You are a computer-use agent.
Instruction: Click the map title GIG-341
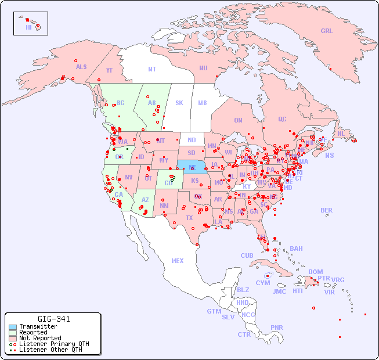[x=53, y=319]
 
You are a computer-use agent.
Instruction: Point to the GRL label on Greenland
[x=327, y=31]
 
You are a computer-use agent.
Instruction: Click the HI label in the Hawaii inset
[x=28, y=27]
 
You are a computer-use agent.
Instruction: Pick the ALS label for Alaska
[x=81, y=67]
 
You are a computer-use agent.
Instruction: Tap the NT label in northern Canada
[x=151, y=69]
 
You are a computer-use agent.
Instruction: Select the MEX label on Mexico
[x=178, y=261]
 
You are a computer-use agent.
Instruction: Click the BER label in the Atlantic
[x=326, y=211]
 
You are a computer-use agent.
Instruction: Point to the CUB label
[x=247, y=256]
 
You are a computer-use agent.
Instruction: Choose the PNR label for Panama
[x=277, y=327]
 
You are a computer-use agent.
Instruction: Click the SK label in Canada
[x=179, y=103]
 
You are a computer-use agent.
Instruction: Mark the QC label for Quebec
[x=282, y=120]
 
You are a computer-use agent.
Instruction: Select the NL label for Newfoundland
[x=341, y=134]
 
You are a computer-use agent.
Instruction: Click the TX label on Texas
[x=189, y=218]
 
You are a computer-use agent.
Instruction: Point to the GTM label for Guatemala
[x=214, y=311]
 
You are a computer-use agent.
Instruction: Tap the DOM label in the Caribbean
[x=315, y=272]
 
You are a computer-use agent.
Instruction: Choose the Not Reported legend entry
[x=40, y=338]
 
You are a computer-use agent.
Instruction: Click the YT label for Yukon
[x=109, y=70]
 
